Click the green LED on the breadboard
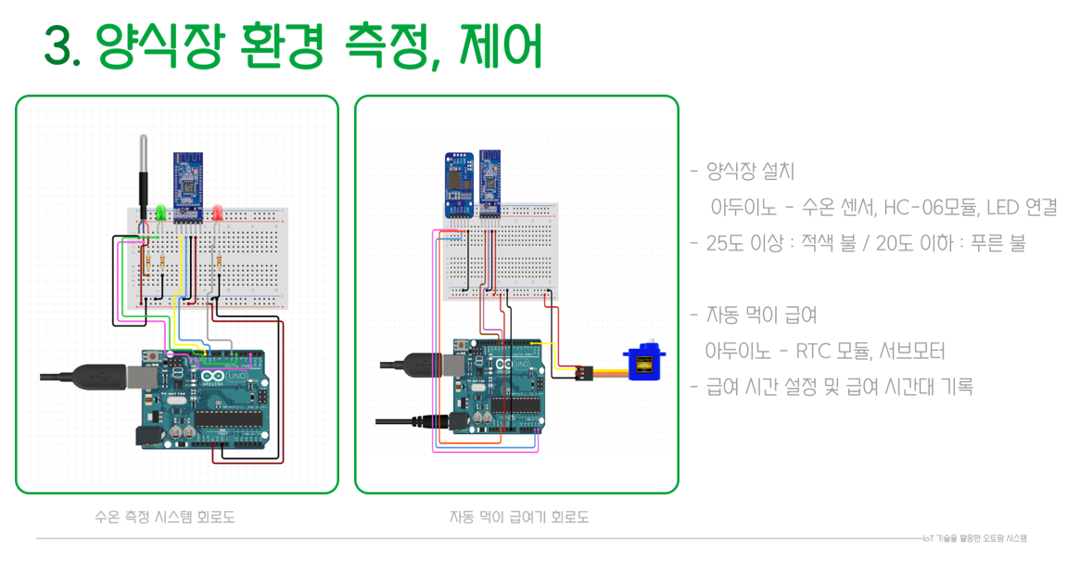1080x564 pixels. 159,212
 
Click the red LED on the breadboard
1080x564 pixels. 218,212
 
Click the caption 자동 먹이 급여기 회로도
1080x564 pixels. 518,517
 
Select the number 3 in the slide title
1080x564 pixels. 57,47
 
